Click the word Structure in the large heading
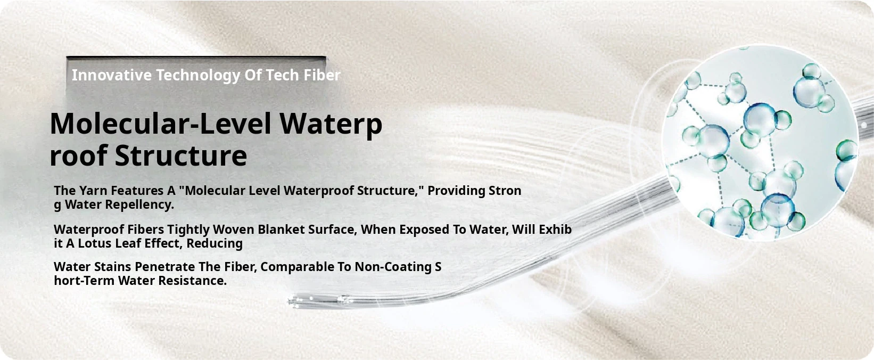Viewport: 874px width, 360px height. point(180,156)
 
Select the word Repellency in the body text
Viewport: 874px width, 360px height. point(139,205)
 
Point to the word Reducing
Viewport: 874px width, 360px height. point(214,244)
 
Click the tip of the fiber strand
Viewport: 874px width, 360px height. point(290,301)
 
